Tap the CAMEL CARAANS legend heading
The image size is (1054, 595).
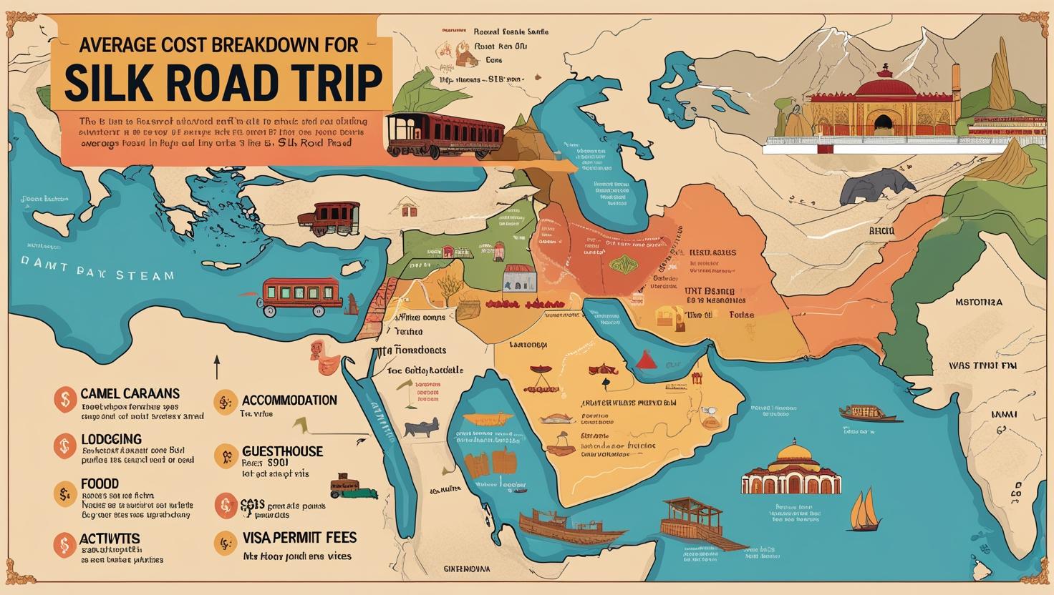(130, 393)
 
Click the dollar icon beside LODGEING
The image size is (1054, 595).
(64, 447)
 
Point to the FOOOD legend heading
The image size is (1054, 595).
(100, 484)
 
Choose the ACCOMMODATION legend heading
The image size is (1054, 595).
(289, 400)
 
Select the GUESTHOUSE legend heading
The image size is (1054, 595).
(282, 452)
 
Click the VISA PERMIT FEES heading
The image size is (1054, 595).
(299, 537)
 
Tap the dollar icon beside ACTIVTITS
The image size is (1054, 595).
(64, 544)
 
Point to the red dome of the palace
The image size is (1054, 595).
(886, 89)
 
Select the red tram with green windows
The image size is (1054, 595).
(294, 294)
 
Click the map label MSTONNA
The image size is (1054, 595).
(979, 303)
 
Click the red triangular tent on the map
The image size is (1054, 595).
(647, 358)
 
